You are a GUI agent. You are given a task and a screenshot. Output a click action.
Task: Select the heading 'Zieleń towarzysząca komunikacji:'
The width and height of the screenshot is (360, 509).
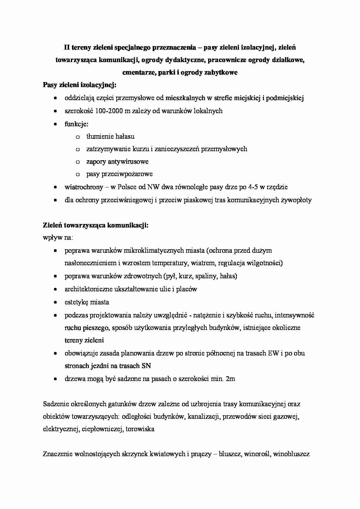click(96, 225)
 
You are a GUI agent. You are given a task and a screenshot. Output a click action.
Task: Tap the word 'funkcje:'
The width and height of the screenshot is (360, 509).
click(76, 124)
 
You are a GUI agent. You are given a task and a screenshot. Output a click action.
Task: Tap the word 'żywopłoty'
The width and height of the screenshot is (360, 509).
click(296, 200)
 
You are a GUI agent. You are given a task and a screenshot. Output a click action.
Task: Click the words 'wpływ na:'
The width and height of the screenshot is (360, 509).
click(58, 238)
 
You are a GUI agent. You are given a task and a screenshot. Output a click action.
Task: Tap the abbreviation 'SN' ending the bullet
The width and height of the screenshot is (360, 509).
click(146, 366)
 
